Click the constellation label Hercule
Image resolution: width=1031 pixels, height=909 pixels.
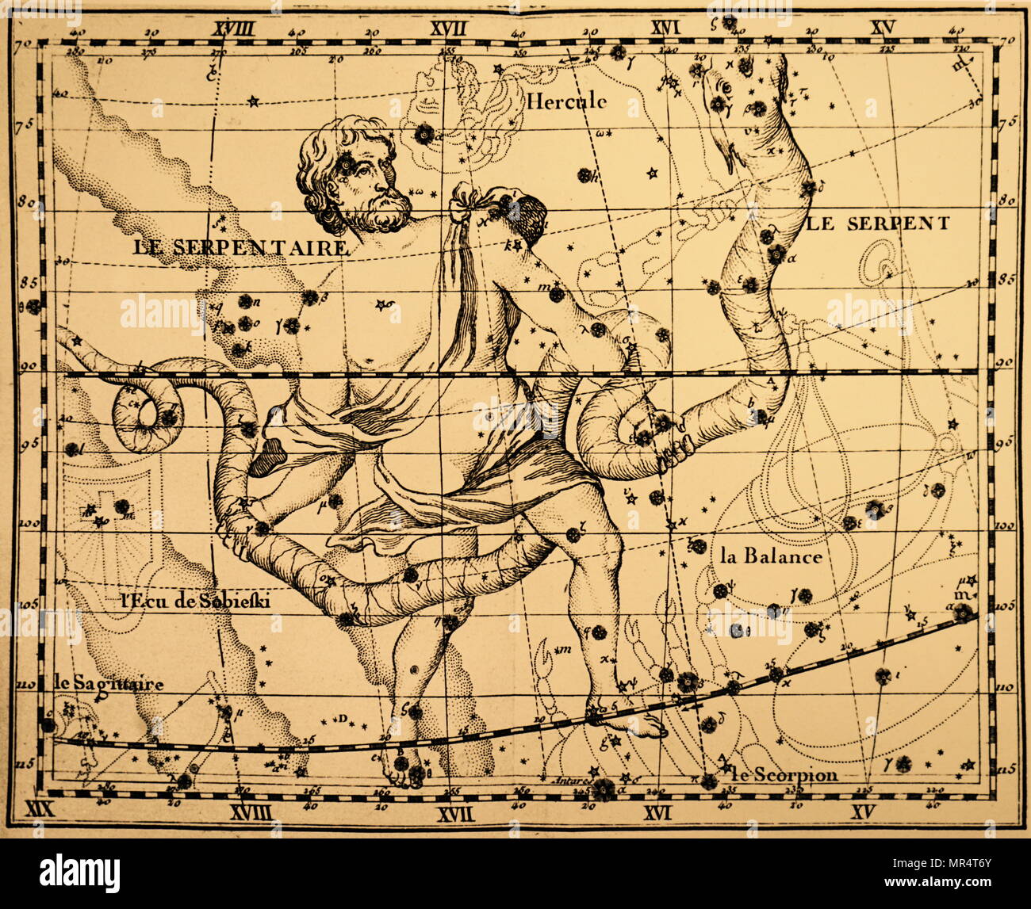[x=566, y=101]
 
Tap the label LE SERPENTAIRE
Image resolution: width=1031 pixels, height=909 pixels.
[x=240, y=247]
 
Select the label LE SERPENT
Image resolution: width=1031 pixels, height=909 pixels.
[x=878, y=223]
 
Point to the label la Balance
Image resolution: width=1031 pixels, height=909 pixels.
[x=771, y=556]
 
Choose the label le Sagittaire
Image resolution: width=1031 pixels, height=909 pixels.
[x=109, y=683]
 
